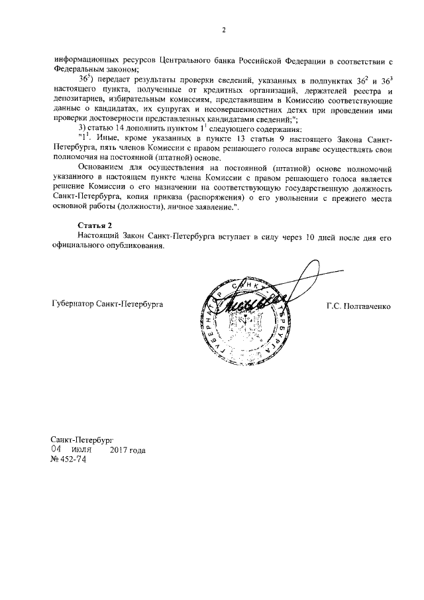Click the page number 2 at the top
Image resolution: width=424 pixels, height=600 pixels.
pos(223,30)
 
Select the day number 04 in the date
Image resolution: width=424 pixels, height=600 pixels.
pos(58,450)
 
